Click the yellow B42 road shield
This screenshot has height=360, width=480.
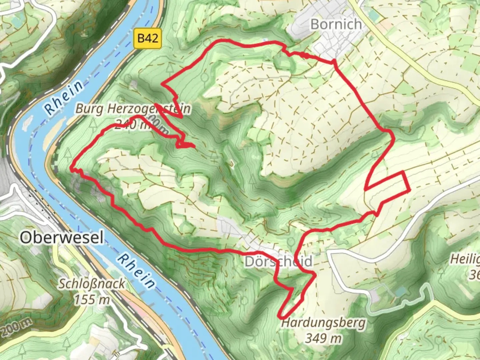point(148,38)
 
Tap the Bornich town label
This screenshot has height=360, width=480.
point(336,24)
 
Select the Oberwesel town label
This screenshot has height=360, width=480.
point(62,238)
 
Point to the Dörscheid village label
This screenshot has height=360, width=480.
point(279,261)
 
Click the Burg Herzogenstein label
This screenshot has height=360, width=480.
point(133,109)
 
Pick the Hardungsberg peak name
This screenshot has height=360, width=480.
point(323,323)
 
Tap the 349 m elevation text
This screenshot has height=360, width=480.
point(323,338)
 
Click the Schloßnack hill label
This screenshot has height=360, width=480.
point(92,284)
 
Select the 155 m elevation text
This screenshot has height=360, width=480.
point(92,299)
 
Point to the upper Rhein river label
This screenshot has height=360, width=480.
point(64,97)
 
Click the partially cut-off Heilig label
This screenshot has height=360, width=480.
point(465,259)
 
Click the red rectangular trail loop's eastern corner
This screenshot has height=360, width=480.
point(409,191)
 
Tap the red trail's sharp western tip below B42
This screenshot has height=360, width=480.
point(162,84)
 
